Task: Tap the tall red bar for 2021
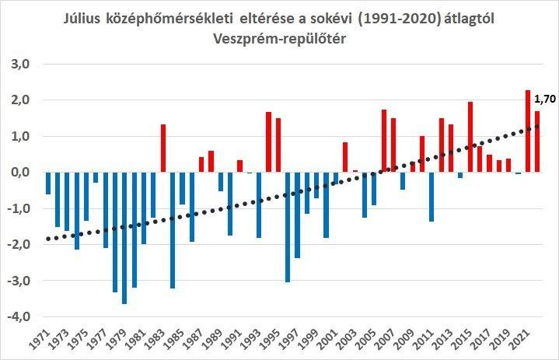point(528,131)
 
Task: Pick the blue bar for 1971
point(48,183)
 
